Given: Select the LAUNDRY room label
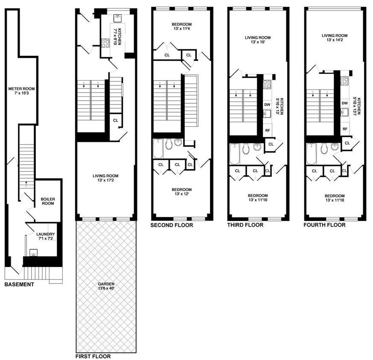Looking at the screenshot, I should pos(45,236).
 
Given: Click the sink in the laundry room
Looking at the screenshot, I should pos(33,252).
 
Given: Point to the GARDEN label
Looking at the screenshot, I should pos(106,286).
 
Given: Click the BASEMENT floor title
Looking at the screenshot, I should pos(19,285).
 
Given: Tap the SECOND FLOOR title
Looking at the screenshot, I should pos(172,225).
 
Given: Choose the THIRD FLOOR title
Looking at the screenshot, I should pos(245,225).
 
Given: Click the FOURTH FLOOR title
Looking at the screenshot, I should pos(324,225).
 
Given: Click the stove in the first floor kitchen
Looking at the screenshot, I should pos(105,43).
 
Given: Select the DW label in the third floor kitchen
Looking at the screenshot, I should pos(267,104).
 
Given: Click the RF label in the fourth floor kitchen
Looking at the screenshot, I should pos(344,128).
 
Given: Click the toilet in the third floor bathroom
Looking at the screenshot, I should pos(246,148).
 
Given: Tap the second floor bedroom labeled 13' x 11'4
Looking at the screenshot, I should pos(182,27).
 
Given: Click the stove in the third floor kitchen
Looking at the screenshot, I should pos(267,84).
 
